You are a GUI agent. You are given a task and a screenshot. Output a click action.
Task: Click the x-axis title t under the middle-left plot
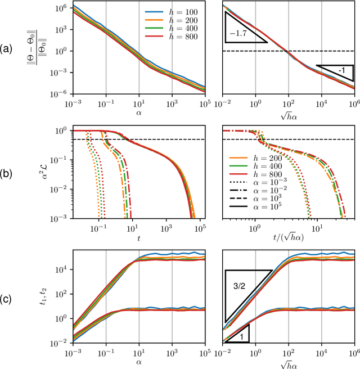[x=138, y=238]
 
